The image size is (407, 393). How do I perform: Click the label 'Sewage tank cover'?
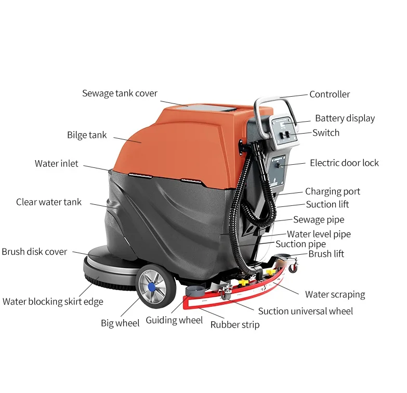coord(120,94)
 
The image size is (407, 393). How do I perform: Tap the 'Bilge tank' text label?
coord(87,135)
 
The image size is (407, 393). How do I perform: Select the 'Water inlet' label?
coord(57,164)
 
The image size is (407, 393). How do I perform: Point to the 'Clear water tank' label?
coord(49,202)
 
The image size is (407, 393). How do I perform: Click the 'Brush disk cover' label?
coord(34,252)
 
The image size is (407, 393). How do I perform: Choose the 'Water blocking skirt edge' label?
coord(53,302)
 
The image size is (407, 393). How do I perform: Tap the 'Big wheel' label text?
coord(120,323)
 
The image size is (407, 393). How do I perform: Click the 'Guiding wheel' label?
coord(174,320)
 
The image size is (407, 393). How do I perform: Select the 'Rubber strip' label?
coord(234,325)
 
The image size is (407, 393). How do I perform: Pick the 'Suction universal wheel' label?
coord(306,311)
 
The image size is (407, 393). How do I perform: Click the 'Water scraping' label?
coord(335,295)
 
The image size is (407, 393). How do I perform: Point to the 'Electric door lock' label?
coord(344,163)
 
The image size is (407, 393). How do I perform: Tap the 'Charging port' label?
coord(333,192)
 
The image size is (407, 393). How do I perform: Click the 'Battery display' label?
coord(345,119)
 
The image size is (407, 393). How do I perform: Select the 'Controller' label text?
coord(330,95)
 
